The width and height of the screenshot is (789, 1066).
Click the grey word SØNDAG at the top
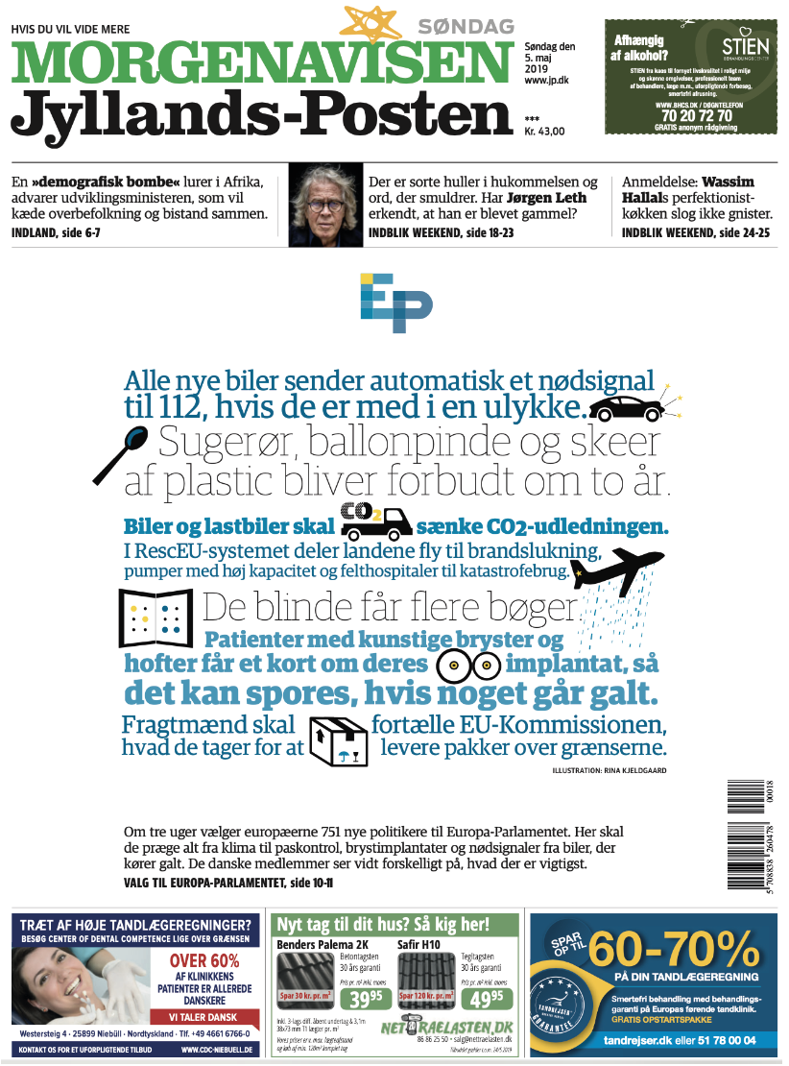pos(466,27)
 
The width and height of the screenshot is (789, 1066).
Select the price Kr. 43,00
pos(545,132)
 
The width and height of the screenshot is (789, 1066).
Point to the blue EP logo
pos(395,298)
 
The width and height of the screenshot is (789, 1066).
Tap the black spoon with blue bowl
pos(124,454)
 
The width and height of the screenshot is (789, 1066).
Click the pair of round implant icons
pos(467,664)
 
